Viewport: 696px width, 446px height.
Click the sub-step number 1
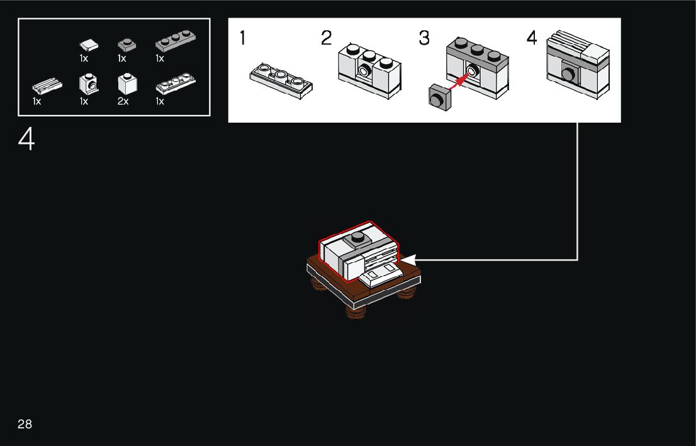(x=242, y=38)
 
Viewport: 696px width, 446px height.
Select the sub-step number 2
(x=326, y=38)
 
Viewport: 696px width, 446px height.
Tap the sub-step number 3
(x=424, y=38)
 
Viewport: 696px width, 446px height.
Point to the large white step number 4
(x=26, y=140)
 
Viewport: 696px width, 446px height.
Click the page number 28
(x=25, y=424)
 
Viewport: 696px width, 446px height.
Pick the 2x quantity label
(x=123, y=101)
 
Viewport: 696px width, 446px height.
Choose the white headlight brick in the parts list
(x=88, y=84)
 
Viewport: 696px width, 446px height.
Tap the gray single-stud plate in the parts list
(x=126, y=45)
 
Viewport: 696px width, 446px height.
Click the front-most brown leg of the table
(x=356, y=313)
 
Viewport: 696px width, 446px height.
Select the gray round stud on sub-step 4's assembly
(x=568, y=75)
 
